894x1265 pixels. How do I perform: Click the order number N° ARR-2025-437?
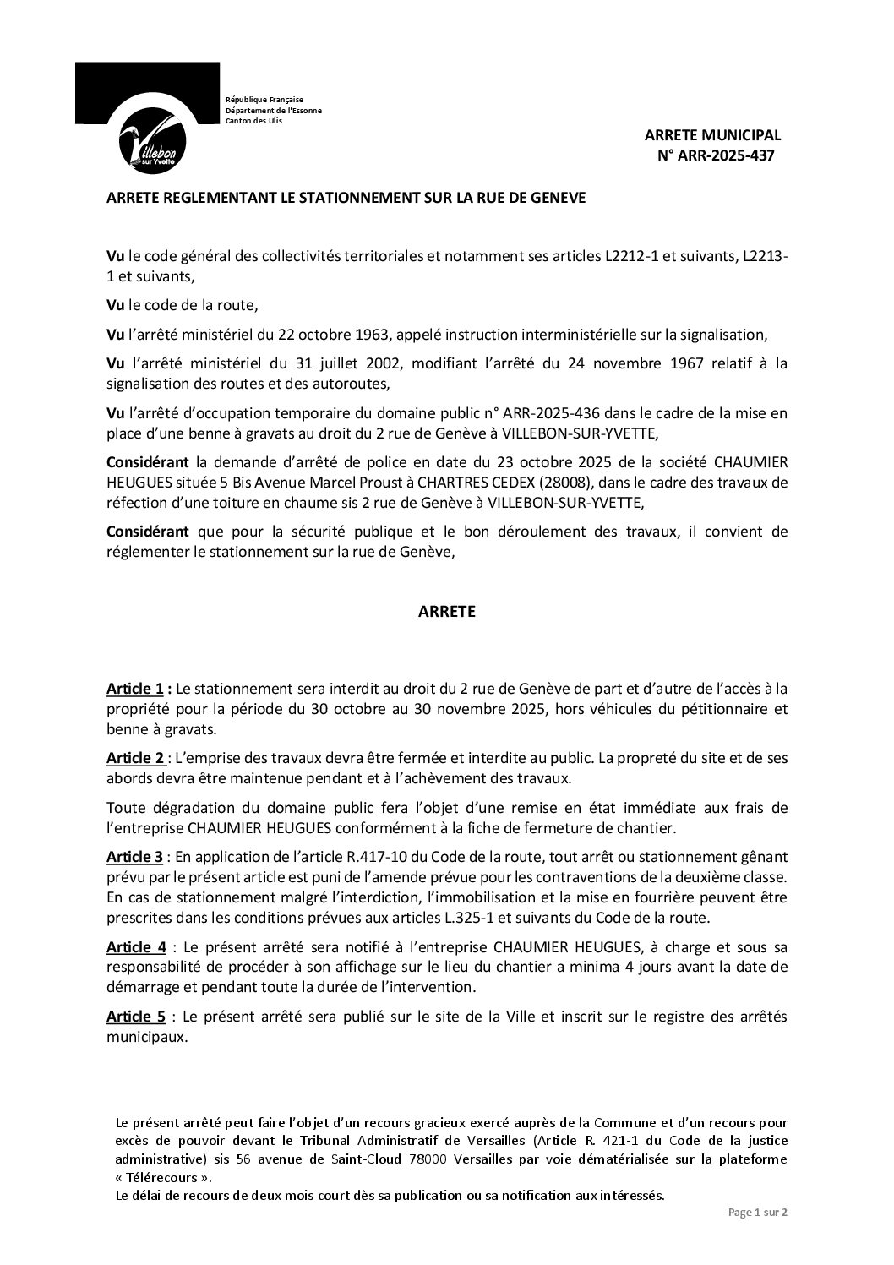[715, 155]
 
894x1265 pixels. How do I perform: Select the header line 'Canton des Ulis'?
[253, 120]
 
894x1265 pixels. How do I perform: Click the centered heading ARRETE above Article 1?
[446, 612]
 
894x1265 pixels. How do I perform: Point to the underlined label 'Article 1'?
[134, 690]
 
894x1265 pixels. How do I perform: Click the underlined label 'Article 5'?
[134, 1017]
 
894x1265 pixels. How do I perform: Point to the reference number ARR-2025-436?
[549, 414]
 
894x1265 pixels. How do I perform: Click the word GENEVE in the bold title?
[556, 199]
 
